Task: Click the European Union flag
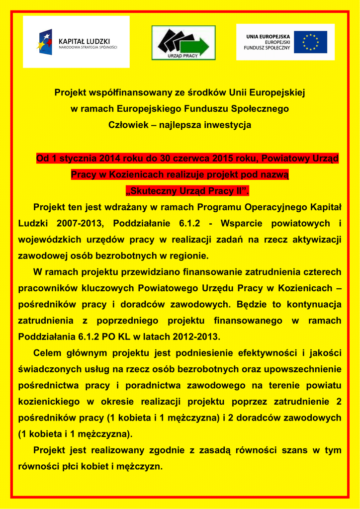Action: coord(311,42)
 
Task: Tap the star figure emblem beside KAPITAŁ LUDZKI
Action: coord(45,42)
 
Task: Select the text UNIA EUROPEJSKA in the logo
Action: coord(269,36)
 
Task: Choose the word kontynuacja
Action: coord(309,304)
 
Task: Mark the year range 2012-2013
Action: coord(196,337)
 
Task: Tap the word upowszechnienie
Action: coord(301,369)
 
